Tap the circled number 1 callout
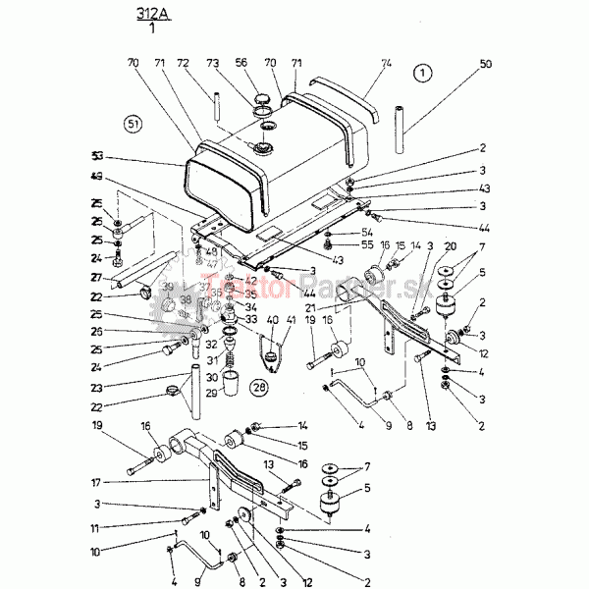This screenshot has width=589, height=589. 421,72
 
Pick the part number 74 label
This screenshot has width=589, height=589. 386,62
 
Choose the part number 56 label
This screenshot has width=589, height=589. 241,62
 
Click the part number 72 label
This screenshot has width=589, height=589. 182,62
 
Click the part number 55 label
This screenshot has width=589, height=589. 339,244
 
